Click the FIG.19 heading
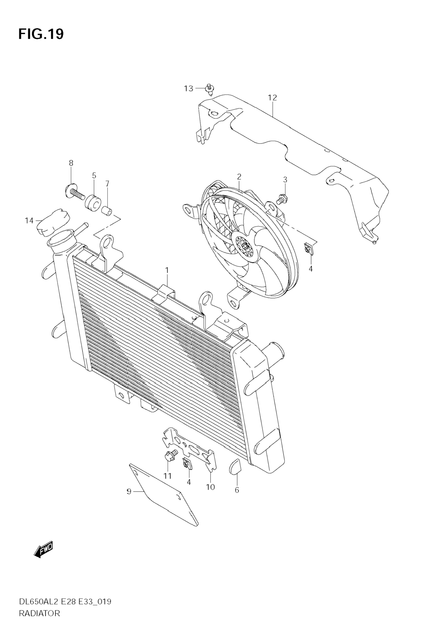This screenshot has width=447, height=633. pos(41,34)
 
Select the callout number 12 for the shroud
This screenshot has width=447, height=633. pos(272,98)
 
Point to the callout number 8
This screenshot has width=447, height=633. pos(71,163)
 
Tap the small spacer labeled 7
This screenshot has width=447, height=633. pos(108,211)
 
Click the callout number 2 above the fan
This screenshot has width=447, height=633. pos(239,176)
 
